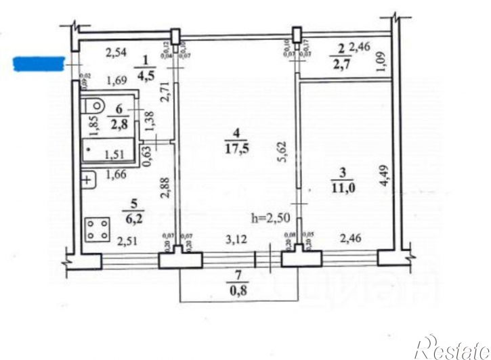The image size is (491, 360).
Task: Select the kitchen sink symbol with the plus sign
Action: [87, 180]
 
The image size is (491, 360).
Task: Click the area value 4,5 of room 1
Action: [145, 75]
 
